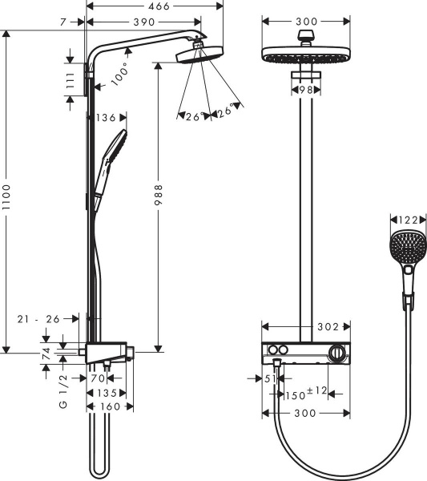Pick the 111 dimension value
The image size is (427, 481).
[x=70, y=79]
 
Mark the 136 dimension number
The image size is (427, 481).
[x=107, y=118]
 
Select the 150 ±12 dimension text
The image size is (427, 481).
[x=303, y=393]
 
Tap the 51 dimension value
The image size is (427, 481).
[x=270, y=378]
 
